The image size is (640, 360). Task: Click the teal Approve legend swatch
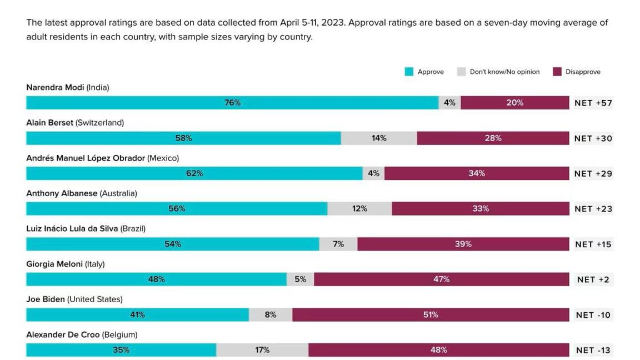pyautogui.click(x=409, y=72)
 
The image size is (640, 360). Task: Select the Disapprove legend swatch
pyautogui.click(x=557, y=72)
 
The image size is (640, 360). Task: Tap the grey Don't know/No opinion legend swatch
pyautogui.click(x=461, y=72)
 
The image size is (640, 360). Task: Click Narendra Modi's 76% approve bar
pyautogui.click(x=232, y=103)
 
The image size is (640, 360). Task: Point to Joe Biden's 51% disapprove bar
pyautogui.click(x=431, y=315)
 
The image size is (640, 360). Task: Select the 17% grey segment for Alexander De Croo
pyautogui.click(x=262, y=350)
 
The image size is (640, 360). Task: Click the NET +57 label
pyautogui.click(x=593, y=103)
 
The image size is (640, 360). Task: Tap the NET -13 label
pyautogui.click(x=593, y=350)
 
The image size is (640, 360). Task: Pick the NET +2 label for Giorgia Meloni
pyautogui.click(x=593, y=279)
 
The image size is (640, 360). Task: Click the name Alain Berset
pyautogui.click(x=49, y=123)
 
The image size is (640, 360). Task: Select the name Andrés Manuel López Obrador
pyautogui.click(x=86, y=158)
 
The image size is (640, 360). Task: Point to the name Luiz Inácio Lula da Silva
pyautogui.click(x=72, y=228)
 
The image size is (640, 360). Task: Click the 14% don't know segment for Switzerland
pyautogui.click(x=379, y=138)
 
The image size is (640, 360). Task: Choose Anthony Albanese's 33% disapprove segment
pyautogui.click(x=481, y=209)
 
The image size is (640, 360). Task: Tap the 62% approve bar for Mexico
pyautogui.click(x=194, y=173)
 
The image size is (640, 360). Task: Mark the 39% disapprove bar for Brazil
pyautogui.click(x=463, y=244)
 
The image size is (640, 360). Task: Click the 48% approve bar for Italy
pyautogui.click(x=156, y=279)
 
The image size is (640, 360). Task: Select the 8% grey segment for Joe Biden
pyautogui.click(x=271, y=315)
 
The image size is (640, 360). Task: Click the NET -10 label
pyautogui.click(x=593, y=315)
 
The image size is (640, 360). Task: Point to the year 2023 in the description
pyautogui.click(x=327, y=23)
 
